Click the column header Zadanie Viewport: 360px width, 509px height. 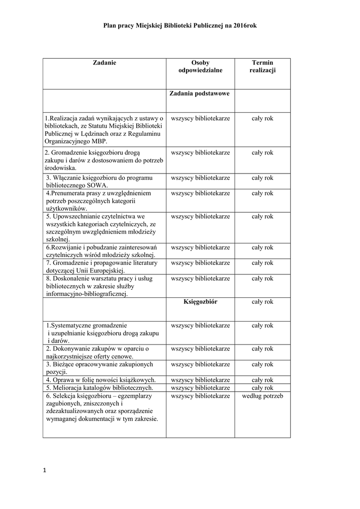104,63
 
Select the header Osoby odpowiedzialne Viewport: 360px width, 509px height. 200,67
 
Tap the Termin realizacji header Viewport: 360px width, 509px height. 262,67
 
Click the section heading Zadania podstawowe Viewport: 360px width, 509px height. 199,93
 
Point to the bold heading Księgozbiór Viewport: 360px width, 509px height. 200,302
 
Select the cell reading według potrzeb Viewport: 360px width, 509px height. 263,396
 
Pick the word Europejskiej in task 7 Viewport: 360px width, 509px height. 104,270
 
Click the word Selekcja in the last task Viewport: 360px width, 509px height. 64,396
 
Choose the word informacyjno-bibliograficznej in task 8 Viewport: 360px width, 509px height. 86,294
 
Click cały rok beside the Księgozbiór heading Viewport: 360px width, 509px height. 263,302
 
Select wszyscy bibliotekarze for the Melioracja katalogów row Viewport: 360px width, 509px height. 200,388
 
